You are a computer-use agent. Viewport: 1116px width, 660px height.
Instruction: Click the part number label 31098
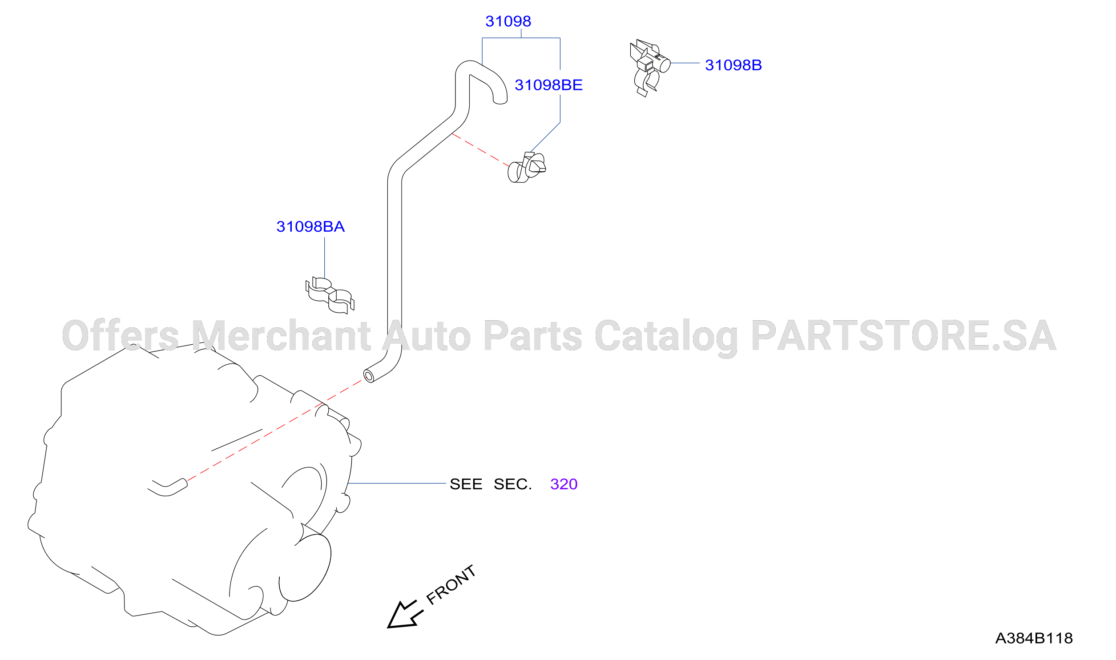pyautogui.click(x=508, y=21)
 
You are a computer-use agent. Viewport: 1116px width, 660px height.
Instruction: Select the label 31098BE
pyautogui.click(x=548, y=85)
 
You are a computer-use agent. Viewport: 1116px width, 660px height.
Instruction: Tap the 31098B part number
pyautogui.click(x=733, y=65)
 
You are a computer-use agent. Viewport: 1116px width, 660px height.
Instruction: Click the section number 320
pyautogui.click(x=564, y=484)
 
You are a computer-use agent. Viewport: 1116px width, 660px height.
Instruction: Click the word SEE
pyautogui.click(x=466, y=484)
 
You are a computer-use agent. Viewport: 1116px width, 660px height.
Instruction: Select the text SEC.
pyautogui.click(x=512, y=484)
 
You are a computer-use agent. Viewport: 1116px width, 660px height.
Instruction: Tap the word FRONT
pyautogui.click(x=451, y=585)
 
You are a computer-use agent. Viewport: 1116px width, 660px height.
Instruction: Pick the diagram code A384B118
pyautogui.click(x=1034, y=638)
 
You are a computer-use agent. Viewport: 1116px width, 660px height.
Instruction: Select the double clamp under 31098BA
pyautogui.click(x=330, y=295)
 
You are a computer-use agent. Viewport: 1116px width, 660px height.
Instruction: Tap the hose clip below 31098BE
pyautogui.click(x=527, y=167)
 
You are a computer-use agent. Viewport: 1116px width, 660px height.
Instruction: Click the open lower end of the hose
pyautogui.click(x=368, y=376)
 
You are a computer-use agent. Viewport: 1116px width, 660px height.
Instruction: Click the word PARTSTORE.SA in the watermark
pyautogui.click(x=903, y=335)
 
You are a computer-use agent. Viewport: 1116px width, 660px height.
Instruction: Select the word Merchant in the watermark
pyautogui.click(x=281, y=335)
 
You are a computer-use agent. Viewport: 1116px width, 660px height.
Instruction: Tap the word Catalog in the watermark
pyautogui.click(x=666, y=337)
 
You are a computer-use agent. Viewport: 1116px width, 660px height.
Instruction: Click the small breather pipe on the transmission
pyautogui.click(x=168, y=487)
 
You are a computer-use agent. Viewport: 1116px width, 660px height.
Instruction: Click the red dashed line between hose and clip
pyautogui.click(x=480, y=150)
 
